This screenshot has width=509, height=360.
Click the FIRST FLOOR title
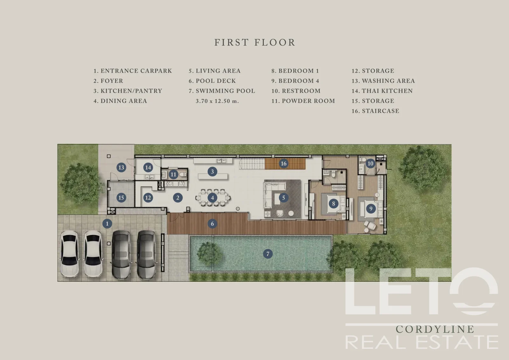(x=255, y=43)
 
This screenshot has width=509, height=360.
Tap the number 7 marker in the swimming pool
(x=268, y=254)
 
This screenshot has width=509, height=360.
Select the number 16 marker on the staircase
(x=283, y=163)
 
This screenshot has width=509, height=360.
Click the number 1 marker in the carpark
(x=107, y=223)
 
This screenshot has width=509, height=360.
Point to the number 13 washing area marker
(x=121, y=167)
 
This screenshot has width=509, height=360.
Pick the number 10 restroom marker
(x=370, y=163)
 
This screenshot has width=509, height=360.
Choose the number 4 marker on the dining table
(x=212, y=198)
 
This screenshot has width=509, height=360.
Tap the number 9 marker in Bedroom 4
(x=371, y=208)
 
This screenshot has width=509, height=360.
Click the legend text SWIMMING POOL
(x=226, y=91)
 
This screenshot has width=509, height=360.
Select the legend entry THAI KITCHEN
(x=387, y=91)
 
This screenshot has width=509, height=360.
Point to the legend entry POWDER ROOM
(x=308, y=101)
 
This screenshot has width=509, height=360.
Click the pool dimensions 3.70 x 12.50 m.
(x=217, y=101)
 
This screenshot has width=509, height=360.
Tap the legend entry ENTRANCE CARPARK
(x=136, y=71)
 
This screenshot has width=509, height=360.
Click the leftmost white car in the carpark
(x=70, y=254)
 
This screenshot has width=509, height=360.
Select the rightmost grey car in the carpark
(x=147, y=254)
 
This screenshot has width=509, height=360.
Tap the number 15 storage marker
(x=121, y=198)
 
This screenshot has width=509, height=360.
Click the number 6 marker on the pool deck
(x=212, y=223)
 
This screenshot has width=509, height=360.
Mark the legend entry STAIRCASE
(x=380, y=111)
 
